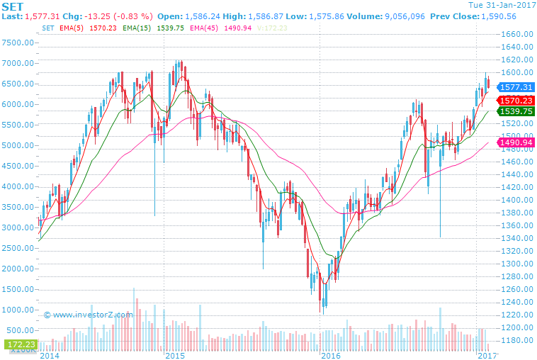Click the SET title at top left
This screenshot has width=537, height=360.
pyautogui.click(x=13, y=6)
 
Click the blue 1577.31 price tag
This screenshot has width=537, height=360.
pyautogui.click(x=515, y=87)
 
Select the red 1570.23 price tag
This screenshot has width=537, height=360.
pyautogui.click(x=515, y=101)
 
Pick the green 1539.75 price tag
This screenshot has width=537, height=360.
pyautogui.click(x=515, y=111)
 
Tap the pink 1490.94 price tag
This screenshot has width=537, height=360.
pyautogui.click(x=515, y=143)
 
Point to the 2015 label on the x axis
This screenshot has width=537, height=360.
pyautogui.click(x=175, y=354)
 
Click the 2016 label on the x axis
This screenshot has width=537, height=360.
pyautogui.click(x=331, y=354)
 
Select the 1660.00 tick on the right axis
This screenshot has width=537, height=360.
pyautogui.click(x=516, y=34)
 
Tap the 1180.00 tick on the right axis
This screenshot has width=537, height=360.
pyautogui.click(x=516, y=341)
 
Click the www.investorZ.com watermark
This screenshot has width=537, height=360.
pyautogui.click(x=88, y=315)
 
